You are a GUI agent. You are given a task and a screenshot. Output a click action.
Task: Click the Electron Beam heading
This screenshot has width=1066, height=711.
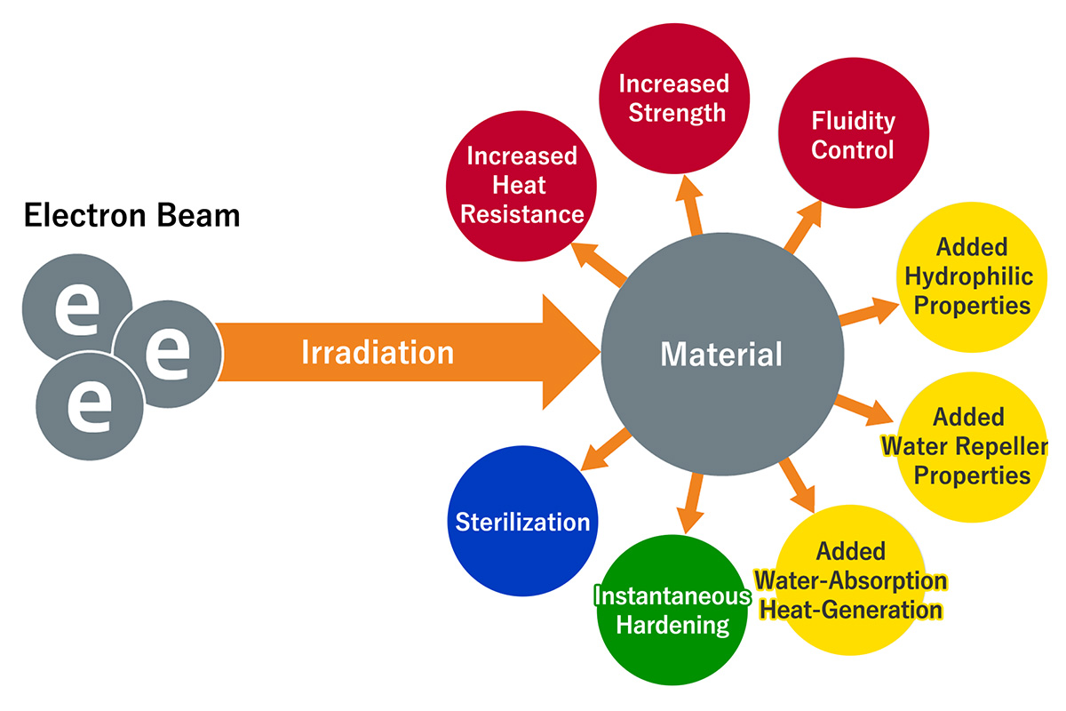click(131, 216)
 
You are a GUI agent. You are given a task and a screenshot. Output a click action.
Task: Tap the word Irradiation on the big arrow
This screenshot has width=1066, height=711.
click(378, 353)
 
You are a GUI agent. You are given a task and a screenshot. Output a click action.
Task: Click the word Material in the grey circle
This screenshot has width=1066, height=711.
click(721, 355)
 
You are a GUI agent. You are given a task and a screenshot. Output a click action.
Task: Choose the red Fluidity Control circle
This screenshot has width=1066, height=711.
click(852, 135)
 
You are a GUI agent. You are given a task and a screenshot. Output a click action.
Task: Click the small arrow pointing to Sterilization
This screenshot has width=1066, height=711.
click(603, 450)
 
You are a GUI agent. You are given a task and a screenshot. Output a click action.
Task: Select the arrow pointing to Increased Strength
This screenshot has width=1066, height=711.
click(690, 204)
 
